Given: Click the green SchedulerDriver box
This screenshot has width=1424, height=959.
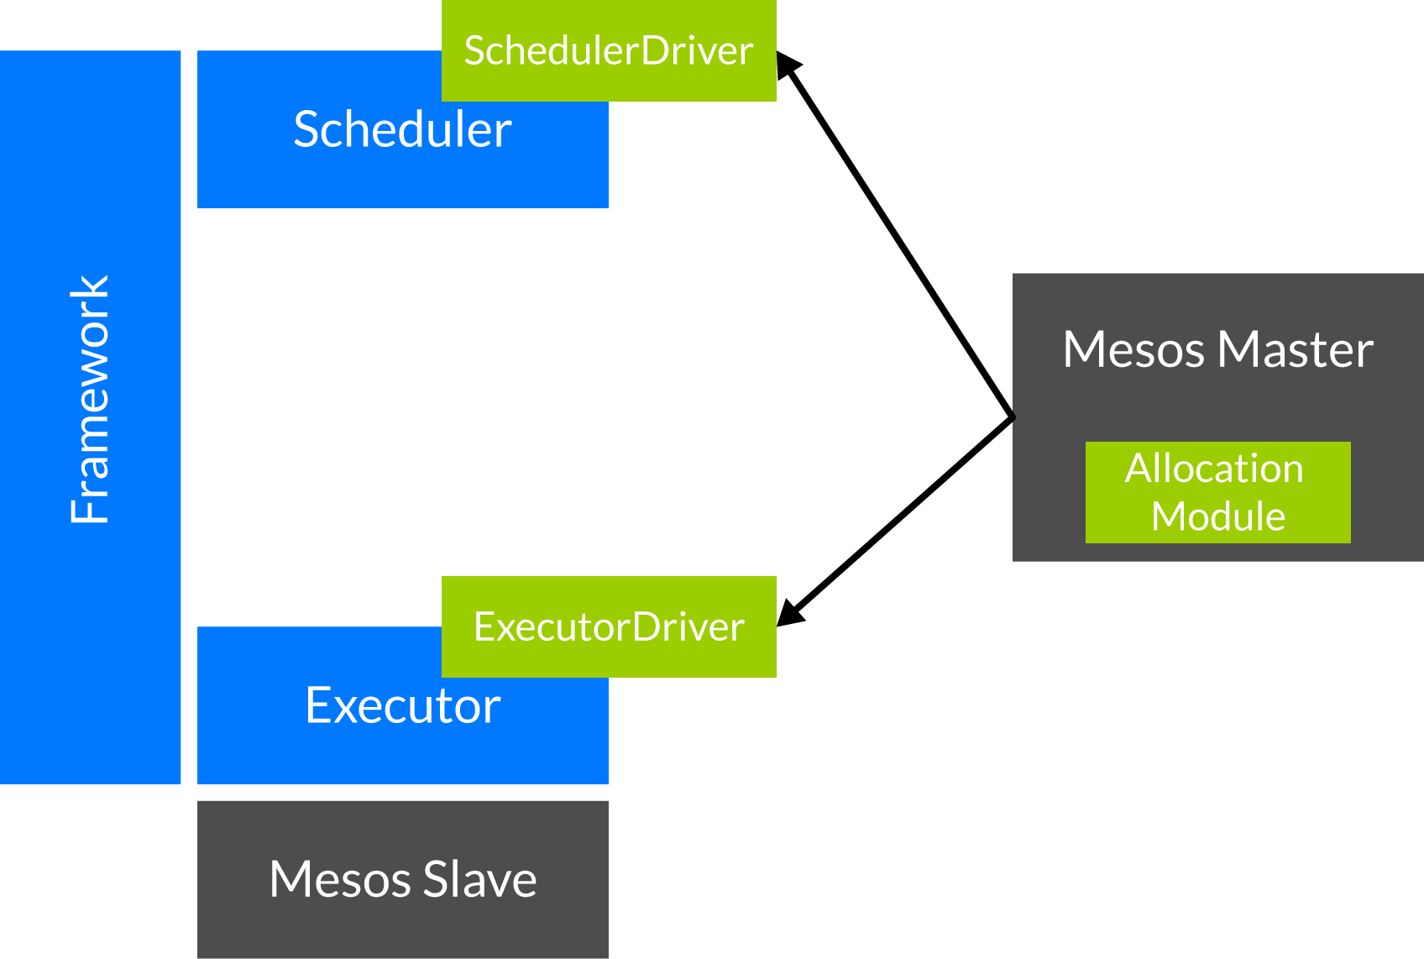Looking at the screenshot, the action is click(x=609, y=51).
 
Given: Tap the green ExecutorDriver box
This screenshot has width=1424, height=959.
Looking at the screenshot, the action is click(x=609, y=626).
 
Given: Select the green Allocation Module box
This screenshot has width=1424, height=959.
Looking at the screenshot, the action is click(x=1218, y=492).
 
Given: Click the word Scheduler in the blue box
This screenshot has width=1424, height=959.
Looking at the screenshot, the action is click(x=402, y=129).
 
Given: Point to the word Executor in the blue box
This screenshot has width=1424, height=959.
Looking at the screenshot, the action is click(x=403, y=705).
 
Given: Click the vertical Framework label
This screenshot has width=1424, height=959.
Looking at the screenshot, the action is click(x=90, y=400).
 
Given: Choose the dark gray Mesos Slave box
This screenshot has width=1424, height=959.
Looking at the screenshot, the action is click(x=403, y=879).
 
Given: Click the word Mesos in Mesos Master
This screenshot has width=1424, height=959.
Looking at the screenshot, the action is click(x=1134, y=349).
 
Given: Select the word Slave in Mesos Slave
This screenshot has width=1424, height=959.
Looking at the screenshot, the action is click(x=480, y=879).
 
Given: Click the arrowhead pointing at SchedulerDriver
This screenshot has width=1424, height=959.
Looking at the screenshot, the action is click(x=788, y=65).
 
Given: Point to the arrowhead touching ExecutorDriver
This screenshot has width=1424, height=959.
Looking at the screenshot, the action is click(x=790, y=612).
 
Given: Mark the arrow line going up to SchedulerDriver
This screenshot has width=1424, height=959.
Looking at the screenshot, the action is click(x=895, y=234).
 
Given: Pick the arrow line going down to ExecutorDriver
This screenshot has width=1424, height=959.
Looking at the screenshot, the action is click(x=895, y=521).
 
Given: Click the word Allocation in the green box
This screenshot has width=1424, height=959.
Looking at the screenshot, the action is click(x=1214, y=468).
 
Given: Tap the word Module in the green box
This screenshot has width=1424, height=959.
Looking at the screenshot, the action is click(x=1218, y=516).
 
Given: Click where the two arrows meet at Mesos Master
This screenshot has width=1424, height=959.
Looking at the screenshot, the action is click(x=1013, y=418).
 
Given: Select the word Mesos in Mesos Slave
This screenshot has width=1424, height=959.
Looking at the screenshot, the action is click(x=340, y=879).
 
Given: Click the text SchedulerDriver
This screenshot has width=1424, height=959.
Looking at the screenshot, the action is click(x=609, y=51).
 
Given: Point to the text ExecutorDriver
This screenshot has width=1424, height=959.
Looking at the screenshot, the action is click(x=609, y=626).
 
